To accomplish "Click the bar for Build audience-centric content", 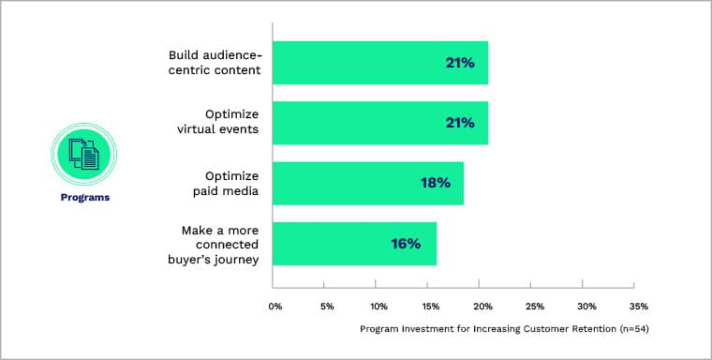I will pos(379,63).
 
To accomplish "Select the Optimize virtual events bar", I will pos(379,123).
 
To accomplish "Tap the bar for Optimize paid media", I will pos(367,183).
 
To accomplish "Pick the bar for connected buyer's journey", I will pos(354,244).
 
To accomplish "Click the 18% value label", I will pos(435,183).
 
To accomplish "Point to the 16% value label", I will pos(406,244).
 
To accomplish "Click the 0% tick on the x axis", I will pos(275,306).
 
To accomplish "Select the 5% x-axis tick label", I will pos(327,306).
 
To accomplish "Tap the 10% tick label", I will pos(378,306).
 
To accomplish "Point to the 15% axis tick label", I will pos(430,306).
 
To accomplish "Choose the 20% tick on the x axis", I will pos(482,306).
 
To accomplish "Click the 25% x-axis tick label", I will pos(534,306).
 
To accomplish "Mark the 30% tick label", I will pos(586,306).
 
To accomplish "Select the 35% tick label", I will pos(638,306).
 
